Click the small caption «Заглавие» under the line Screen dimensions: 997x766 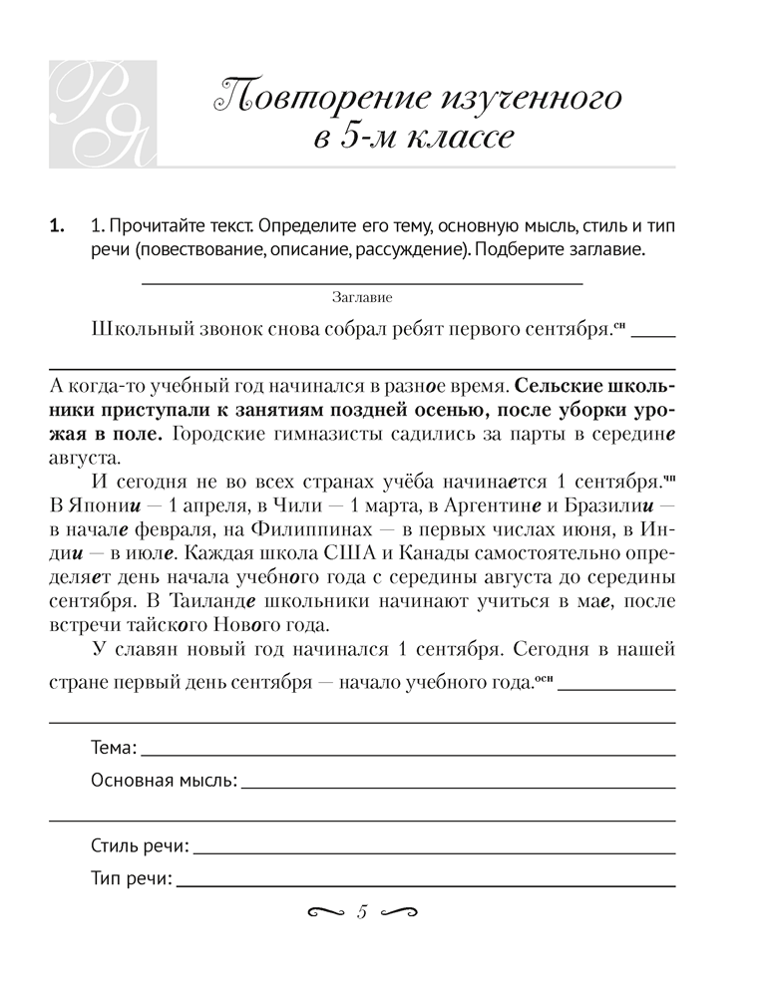click(362, 297)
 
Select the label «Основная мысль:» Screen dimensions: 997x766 click(164, 781)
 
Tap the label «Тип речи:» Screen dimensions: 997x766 click(131, 881)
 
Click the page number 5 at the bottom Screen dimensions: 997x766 click(362, 911)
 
